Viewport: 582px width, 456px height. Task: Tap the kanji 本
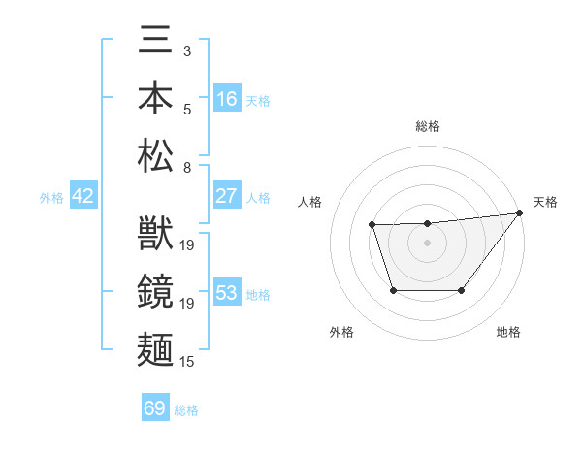[x=155, y=99]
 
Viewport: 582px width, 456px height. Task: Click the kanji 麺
[x=155, y=345]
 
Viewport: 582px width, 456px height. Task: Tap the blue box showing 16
[x=227, y=99]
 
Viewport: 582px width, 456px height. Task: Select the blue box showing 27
[x=227, y=196]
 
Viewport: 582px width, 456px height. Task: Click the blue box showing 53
[x=227, y=293]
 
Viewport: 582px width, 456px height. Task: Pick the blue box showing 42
[x=83, y=196]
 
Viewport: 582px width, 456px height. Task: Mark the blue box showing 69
[x=155, y=408]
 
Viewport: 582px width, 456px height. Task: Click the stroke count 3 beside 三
[x=187, y=49]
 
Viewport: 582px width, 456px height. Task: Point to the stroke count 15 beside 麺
[x=188, y=362]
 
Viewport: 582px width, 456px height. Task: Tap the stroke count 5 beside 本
[x=187, y=108]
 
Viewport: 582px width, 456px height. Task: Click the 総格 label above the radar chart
[x=427, y=126]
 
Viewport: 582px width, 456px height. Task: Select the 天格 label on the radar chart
[x=545, y=202]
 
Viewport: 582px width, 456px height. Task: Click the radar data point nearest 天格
[x=521, y=213]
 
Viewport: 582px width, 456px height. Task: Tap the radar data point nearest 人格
[x=372, y=226]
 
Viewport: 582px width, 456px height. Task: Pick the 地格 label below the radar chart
[x=508, y=332]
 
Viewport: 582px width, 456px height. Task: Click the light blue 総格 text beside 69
[x=186, y=410]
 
